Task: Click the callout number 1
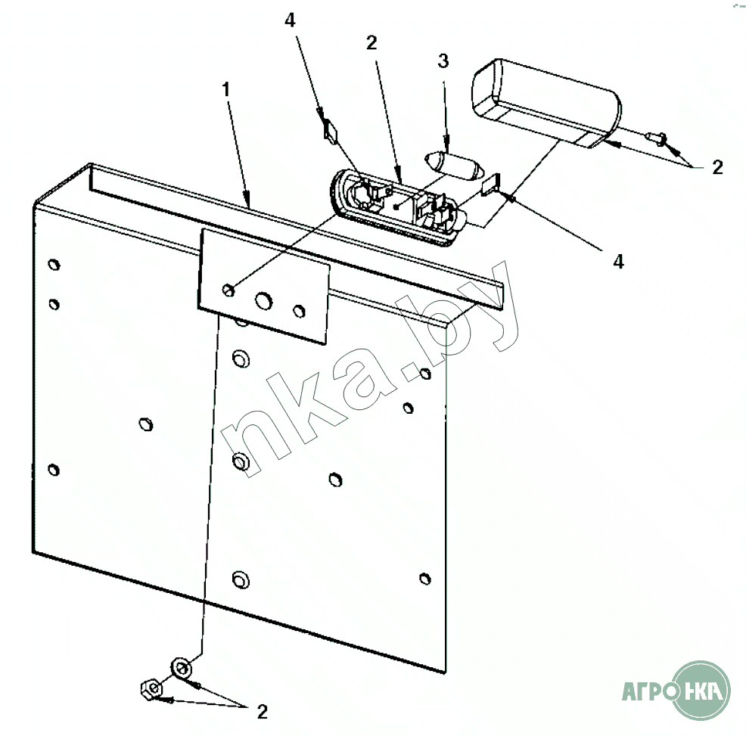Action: [226, 89]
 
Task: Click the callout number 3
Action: [443, 61]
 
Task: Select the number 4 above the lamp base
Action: [290, 20]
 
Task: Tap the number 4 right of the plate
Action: [618, 261]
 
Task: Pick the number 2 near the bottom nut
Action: [262, 711]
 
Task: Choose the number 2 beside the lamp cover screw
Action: [717, 167]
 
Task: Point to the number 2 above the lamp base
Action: [371, 43]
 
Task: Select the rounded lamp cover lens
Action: [546, 103]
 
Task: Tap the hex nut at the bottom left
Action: [151, 688]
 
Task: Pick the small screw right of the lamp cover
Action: [656, 138]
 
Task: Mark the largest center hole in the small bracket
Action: [263, 301]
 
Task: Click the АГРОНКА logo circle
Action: [701, 690]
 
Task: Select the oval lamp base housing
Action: [397, 208]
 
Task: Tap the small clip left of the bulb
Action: [330, 131]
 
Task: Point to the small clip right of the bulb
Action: [491, 185]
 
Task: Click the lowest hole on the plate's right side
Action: [425, 579]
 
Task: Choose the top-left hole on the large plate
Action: [54, 265]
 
